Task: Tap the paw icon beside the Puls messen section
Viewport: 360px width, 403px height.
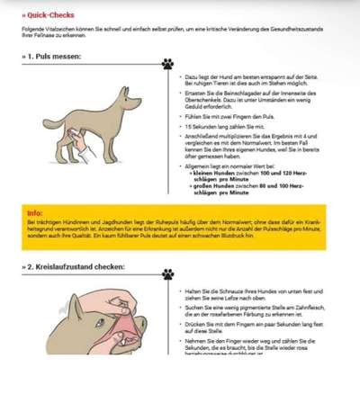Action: coord(167,63)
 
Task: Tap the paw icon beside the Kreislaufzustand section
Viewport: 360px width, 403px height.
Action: coord(167,273)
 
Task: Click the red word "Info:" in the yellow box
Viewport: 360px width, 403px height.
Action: coord(35,212)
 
